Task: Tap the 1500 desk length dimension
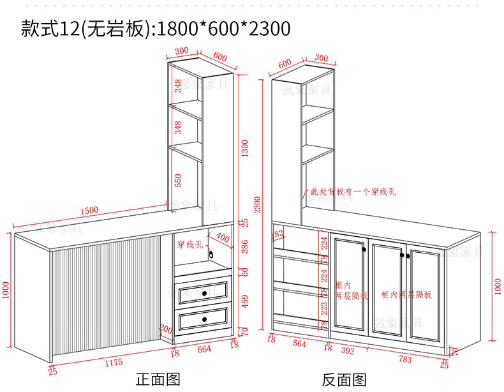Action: tap(89, 210)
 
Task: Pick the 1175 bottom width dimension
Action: tap(114, 363)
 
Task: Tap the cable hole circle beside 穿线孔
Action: tap(211, 253)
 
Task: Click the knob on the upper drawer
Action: tap(205, 292)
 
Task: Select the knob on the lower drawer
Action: tap(205, 317)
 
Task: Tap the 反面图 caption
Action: tap(345, 381)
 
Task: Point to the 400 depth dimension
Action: tap(223, 238)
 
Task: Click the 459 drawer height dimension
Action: tap(244, 301)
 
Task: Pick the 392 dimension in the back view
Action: tap(348, 351)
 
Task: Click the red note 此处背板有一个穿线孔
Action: tap(353, 191)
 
